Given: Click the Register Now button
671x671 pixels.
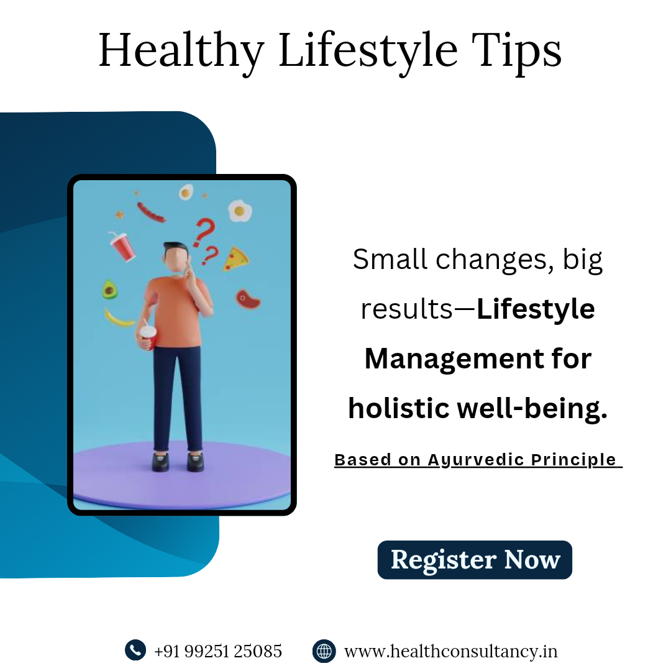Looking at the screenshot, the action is (x=475, y=560).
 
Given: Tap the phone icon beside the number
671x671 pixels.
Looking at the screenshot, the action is (x=135, y=650).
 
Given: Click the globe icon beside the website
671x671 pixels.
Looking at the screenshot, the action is (x=324, y=651).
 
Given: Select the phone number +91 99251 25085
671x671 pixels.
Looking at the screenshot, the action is (x=218, y=651).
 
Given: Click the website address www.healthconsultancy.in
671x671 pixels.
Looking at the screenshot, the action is (x=450, y=651).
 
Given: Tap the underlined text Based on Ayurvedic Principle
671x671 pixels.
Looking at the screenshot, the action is (x=478, y=460).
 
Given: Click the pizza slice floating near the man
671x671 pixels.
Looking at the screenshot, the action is (x=236, y=259).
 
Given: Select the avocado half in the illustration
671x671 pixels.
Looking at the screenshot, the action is (x=109, y=290).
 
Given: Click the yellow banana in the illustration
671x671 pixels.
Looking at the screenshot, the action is (x=119, y=318).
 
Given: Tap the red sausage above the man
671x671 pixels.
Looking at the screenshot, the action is (x=151, y=212).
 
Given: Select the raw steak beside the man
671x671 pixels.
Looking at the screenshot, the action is (x=248, y=299).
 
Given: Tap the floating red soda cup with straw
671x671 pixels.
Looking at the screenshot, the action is (x=122, y=247).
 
